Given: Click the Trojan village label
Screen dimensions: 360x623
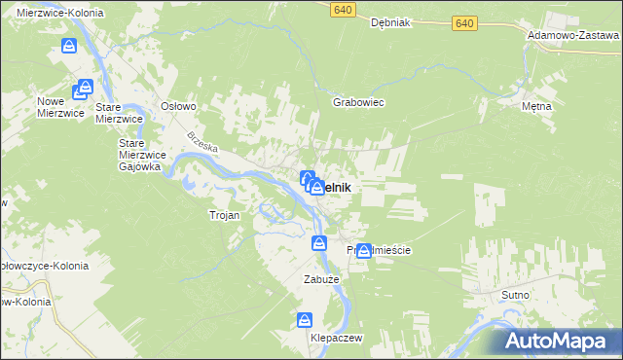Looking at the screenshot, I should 224,215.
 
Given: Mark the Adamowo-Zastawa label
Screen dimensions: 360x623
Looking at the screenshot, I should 572,34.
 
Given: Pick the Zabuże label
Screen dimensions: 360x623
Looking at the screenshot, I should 319,279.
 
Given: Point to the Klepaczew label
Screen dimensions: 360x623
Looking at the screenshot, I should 336,337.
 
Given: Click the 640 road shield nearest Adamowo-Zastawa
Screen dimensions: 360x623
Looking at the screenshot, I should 464,22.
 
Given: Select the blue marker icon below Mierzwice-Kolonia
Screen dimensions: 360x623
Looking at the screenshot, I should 68,46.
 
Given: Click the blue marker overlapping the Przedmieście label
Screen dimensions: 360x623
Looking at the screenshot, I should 364,250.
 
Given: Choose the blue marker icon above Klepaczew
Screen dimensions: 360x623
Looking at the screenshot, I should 305,319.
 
